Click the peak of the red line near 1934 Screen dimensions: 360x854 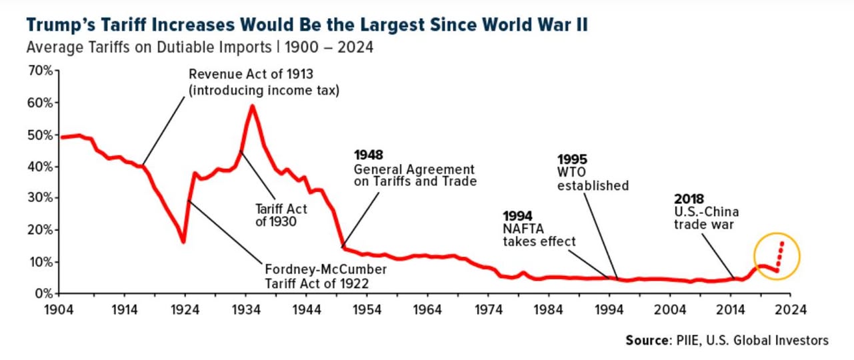(x=252, y=106)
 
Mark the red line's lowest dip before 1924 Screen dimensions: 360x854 (x=183, y=241)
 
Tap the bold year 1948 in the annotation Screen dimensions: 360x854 (x=369, y=155)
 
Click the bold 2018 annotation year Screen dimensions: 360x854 (x=689, y=199)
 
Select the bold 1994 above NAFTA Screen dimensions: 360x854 (x=517, y=215)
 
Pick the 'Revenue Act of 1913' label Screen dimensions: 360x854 (x=260, y=74)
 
